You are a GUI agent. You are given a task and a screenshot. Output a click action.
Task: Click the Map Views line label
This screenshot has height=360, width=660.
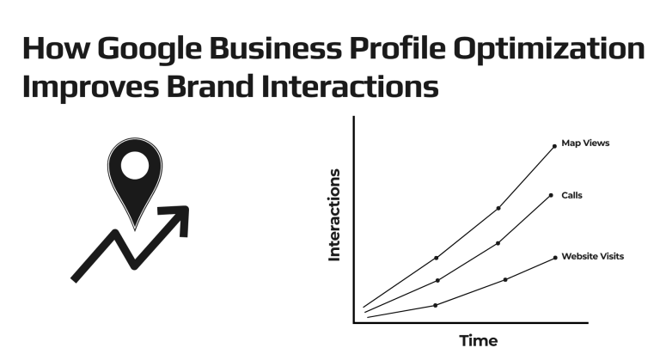pyautogui.click(x=585, y=143)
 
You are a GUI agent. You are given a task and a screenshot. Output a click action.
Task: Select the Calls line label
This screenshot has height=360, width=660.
pyautogui.click(x=571, y=195)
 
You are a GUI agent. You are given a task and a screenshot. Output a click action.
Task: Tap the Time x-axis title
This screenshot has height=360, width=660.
pyautogui.click(x=478, y=340)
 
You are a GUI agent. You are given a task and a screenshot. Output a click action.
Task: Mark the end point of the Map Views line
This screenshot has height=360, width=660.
pyautogui.click(x=554, y=146)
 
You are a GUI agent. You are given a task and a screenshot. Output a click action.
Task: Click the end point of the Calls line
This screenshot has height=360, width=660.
pyautogui.click(x=552, y=195)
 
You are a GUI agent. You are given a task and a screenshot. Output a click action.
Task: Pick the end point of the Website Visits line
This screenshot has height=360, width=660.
pyautogui.click(x=555, y=257)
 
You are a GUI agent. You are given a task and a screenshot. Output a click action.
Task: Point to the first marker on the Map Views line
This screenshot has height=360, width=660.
pyautogui.click(x=437, y=258)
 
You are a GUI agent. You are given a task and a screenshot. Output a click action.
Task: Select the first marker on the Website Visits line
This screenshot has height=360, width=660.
pyautogui.click(x=436, y=305)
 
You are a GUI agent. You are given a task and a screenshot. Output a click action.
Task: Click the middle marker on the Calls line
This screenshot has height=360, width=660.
pyautogui.click(x=498, y=243)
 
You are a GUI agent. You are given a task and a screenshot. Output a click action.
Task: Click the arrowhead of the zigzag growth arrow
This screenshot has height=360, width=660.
pyautogui.click(x=178, y=215)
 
